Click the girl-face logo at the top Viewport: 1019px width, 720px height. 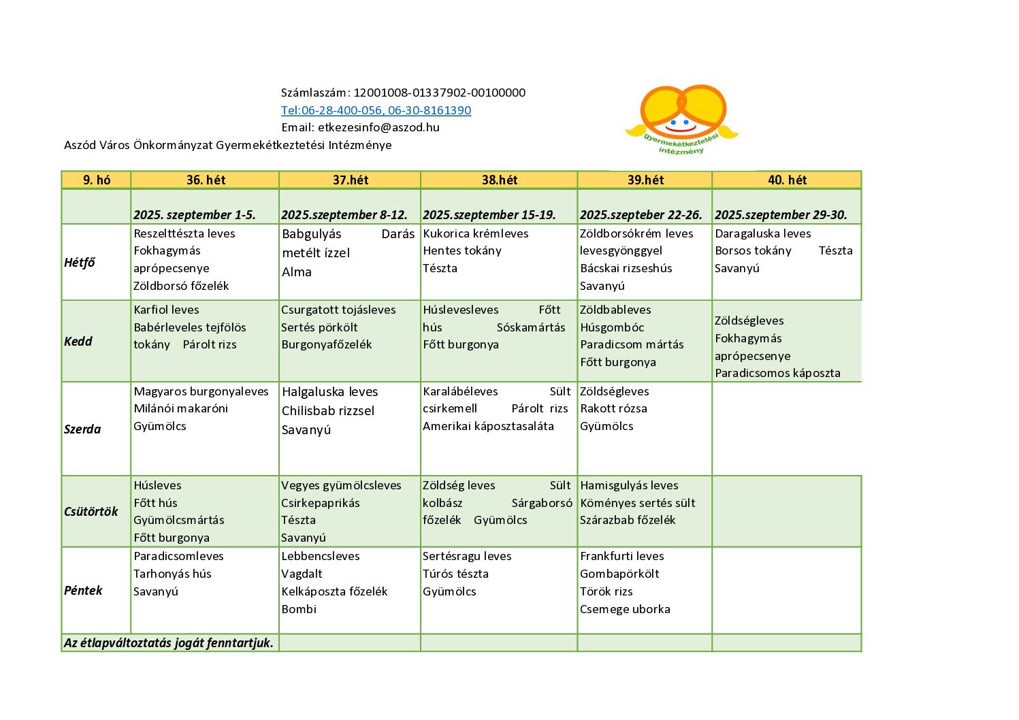coord(682,117)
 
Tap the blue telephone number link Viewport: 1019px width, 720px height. coord(376,110)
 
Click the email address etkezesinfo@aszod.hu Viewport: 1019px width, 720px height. coord(378,127)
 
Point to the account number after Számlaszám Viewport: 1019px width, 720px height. coord(439,93)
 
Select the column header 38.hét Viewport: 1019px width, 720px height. coord(499,180)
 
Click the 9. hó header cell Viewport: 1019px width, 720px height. coord(97,180)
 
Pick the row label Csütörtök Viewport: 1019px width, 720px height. coord(91,511)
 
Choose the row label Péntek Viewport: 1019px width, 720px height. coord(83,590)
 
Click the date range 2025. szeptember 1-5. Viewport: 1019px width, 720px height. coord(195,214)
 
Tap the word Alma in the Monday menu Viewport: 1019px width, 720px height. coord(297,272)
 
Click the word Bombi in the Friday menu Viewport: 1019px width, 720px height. coord(299,609)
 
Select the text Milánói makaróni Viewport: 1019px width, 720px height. coord(181,408)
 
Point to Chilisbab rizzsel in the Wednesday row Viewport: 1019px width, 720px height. coord(328,410)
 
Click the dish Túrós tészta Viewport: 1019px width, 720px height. coord(455,574)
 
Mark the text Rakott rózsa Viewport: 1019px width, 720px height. coord(613,408)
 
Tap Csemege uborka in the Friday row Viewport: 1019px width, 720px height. coord(625,609)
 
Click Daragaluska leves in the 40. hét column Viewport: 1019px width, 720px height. coord(762,233)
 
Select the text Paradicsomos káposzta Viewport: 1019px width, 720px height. coord(777,373)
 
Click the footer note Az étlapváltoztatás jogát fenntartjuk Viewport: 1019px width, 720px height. coord(169,642)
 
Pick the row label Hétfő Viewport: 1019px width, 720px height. coord(80,262)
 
